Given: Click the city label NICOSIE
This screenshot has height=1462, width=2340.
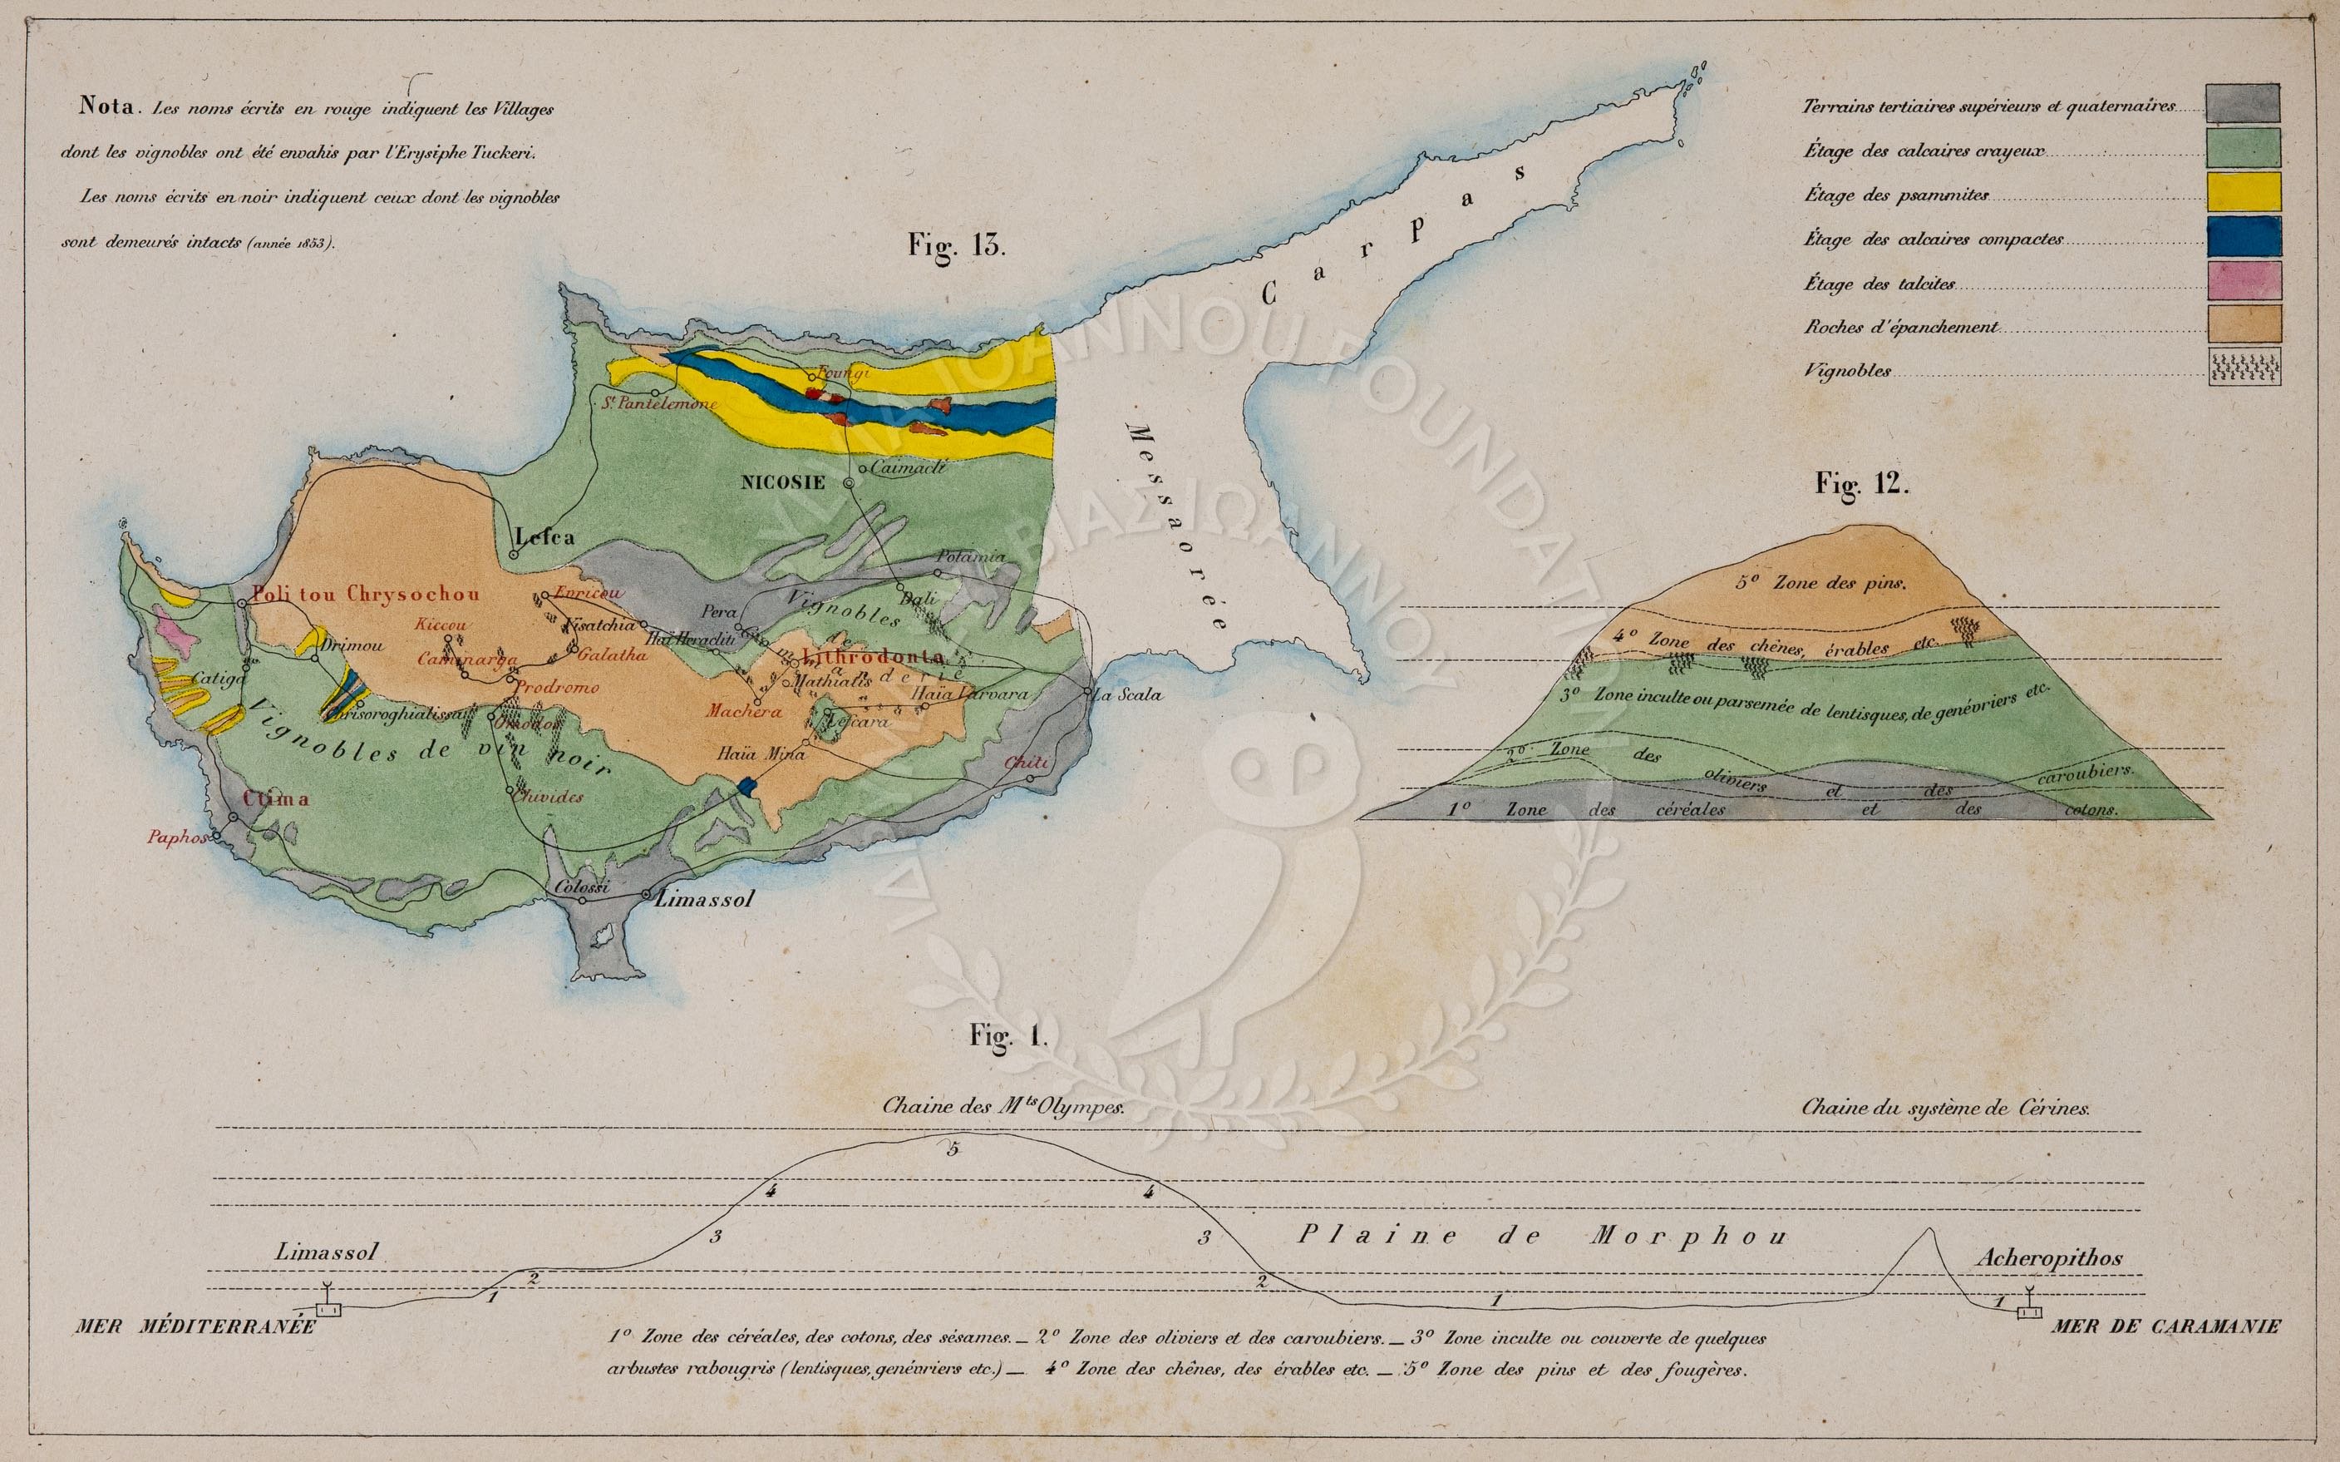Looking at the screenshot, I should click(x=783, y=482).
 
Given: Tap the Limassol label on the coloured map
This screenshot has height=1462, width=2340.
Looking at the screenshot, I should click(x=702, y=898).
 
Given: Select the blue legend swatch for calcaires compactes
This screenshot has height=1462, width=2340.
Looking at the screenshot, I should click(x=2243, y=238).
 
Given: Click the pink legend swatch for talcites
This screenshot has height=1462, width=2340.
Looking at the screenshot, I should click(x=2243, y=281).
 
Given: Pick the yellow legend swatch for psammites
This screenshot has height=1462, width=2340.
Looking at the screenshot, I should click(x=2243, y=192).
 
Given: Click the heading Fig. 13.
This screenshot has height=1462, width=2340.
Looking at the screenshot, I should click(x=956, y=244).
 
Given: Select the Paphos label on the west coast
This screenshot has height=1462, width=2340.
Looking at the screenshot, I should click(x=177, y=838).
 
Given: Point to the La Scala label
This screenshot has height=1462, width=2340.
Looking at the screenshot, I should click(x=1127, y=694).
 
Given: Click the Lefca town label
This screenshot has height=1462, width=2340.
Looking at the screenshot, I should click(x=544, y=536).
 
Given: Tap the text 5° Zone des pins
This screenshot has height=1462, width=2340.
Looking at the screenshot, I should click(x=1820, y=583).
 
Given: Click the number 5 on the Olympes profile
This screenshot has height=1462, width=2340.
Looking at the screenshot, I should click(x=952, y=1149).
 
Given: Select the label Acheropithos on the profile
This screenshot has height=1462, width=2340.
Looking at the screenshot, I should click(x=2048, y=1258).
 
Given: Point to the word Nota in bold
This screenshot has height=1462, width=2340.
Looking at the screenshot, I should click(x=106, y=106).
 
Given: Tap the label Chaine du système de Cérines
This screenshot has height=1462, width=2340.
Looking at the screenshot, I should click(x=1944, y=1108).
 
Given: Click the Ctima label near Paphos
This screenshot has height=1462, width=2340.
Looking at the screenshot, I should click(x=275, y=798).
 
